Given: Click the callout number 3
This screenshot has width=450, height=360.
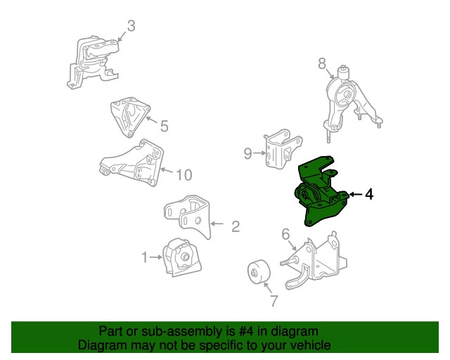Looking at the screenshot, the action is [x=131, y=26].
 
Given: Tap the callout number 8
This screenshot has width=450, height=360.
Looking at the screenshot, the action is [x=322, y=63].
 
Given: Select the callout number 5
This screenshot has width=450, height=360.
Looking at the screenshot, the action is [x=164, y=126].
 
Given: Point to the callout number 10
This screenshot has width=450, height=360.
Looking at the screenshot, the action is [x=184, y=175].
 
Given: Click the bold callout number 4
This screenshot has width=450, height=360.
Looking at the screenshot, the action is [x=369, y=194].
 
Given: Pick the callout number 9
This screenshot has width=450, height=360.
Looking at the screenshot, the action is [x=247, y=153].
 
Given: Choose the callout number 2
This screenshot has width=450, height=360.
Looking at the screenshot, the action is [x=236, y=226].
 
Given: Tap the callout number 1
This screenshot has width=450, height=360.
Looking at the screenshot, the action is [x=145, y=257].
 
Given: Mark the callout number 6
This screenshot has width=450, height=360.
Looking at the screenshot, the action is [x=285, y=234].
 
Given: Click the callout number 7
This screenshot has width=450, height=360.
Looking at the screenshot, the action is [x=274, y=300].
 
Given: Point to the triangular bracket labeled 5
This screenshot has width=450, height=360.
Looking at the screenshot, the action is [x=129, y=117].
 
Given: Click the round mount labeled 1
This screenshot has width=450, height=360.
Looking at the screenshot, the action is [x=181, y=257].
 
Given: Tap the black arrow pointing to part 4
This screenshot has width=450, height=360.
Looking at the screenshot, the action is [x=356, y=194].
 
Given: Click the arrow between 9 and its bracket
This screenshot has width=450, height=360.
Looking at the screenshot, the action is [x=259, y=153].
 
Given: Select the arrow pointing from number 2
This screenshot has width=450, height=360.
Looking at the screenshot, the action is [x=217, y=224].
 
